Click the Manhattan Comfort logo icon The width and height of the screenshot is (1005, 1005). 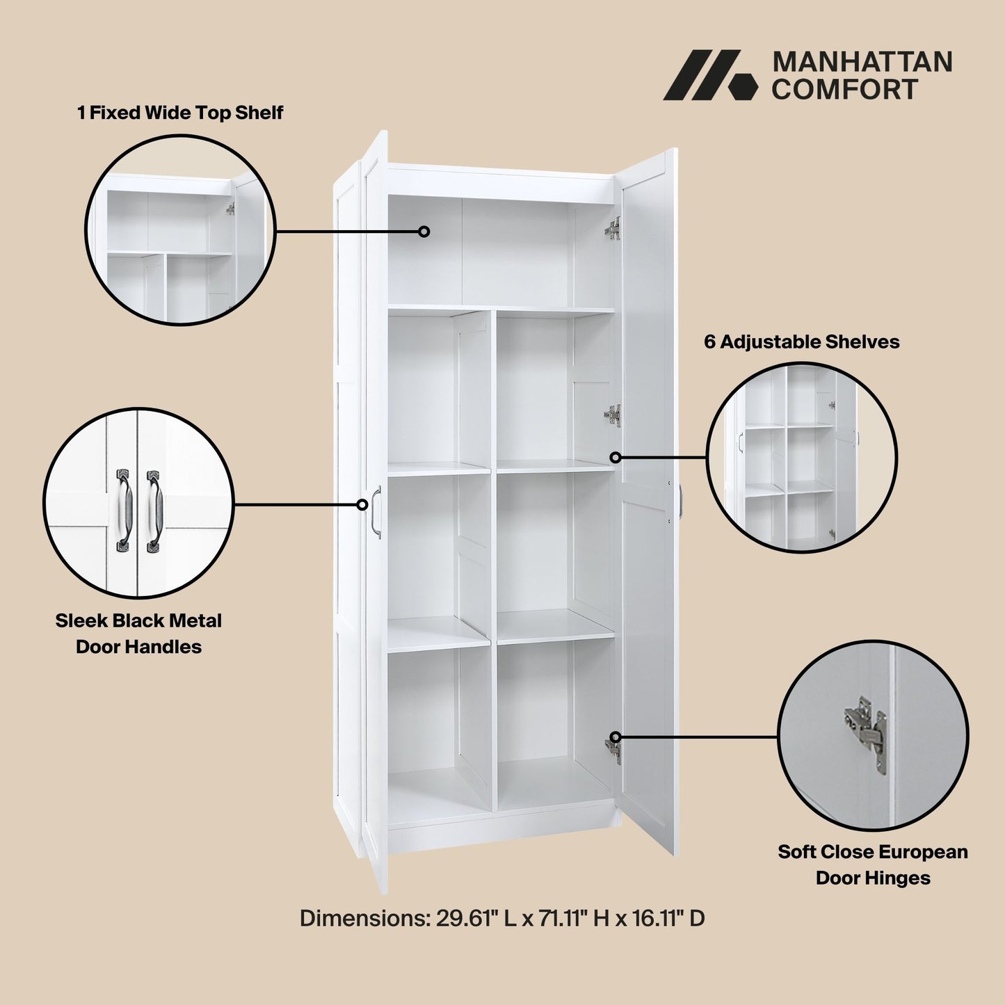[709, 75]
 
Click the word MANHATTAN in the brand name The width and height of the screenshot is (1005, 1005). [862, 62]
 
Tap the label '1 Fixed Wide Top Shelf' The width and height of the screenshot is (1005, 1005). [180, 113]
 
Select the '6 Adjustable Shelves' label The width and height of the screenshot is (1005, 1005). [801, 341]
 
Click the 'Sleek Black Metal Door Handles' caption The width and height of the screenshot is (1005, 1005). [138, 633]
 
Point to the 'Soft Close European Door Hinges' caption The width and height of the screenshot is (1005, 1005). [873, 865]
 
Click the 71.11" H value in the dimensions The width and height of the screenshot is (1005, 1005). [574, 918]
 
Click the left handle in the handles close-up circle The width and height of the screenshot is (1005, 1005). [123, 510]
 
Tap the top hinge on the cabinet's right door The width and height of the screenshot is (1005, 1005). [613, 228]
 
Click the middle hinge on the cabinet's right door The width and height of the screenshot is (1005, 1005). [613, 415]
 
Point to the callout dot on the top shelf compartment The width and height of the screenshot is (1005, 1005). [424, 232]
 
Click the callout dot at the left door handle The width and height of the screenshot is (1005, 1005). [362, 504]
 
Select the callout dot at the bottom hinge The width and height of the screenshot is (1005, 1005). [616, 737]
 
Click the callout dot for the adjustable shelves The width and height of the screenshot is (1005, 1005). [616, 457]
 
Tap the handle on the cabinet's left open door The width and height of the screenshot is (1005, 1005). [376, 512]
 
